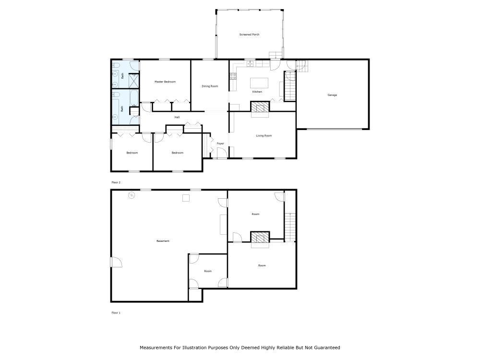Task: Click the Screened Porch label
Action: point(249,35)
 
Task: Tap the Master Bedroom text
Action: point(165,82)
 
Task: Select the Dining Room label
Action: point(210,86)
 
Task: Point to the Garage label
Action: point(332,95)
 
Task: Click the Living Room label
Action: point(264,136)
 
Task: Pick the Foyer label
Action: point(220,144)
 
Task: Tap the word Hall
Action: point(177,117)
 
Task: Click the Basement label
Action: point(163,241)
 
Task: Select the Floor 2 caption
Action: point(116,182)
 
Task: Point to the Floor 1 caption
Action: point(116,312)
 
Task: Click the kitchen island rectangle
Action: point(258,83)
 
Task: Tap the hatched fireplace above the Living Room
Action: point(260,107)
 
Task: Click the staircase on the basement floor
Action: point(289,227)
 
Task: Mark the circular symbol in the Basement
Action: point(132,195)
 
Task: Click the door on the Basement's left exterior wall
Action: point(116,262)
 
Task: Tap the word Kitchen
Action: point(257,92)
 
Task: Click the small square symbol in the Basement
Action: point(185,197)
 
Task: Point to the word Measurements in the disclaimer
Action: point(156,348)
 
